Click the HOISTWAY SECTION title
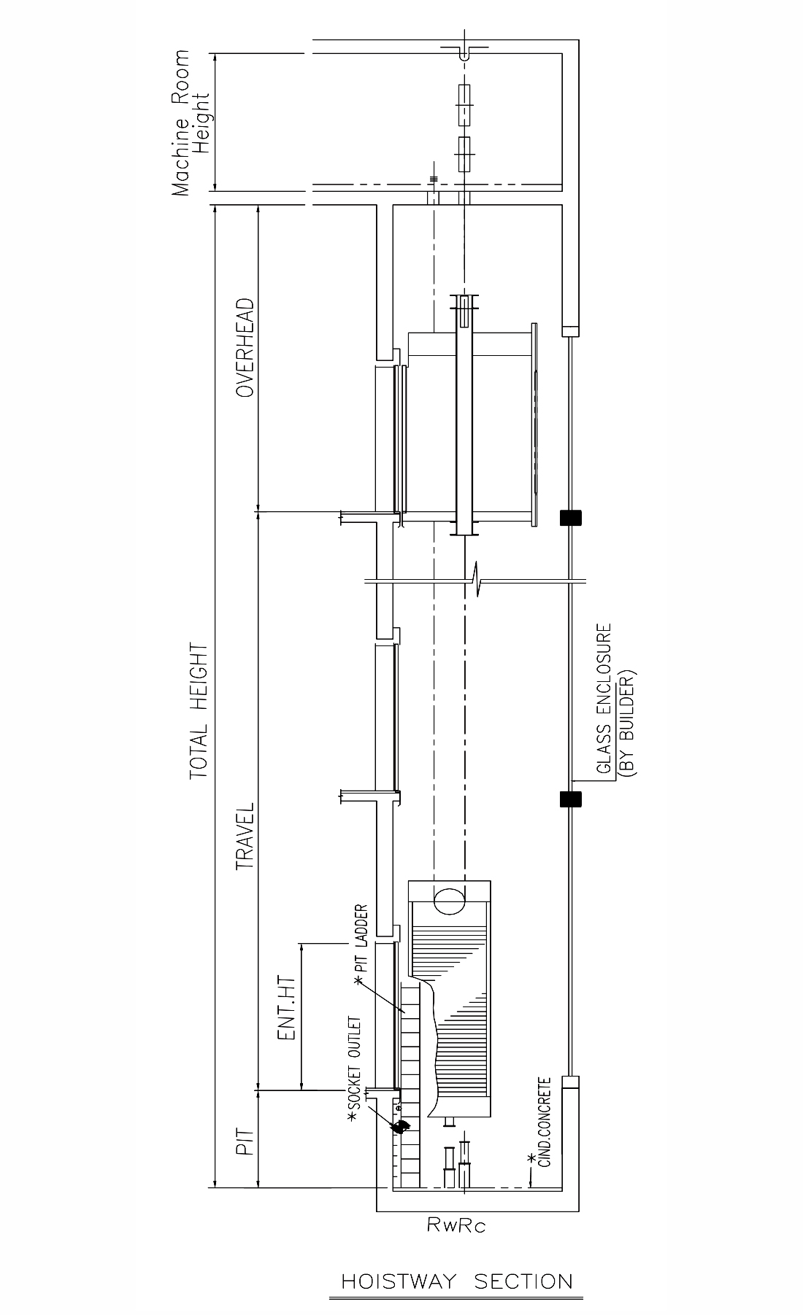(457, 1281)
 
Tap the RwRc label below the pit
(456, 1225)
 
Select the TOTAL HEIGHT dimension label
(199, 710)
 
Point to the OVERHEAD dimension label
(245, 347)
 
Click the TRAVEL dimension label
(245, 837)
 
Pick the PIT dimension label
(245, 1141)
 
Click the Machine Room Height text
(190, 123)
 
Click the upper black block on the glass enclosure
(571, 518)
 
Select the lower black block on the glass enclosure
(571, 799)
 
